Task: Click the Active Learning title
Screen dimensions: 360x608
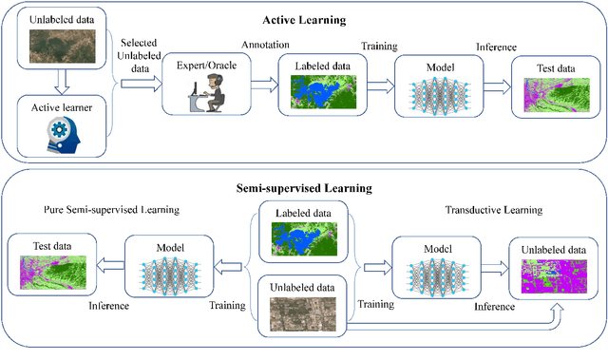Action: (x=318, y=18)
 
